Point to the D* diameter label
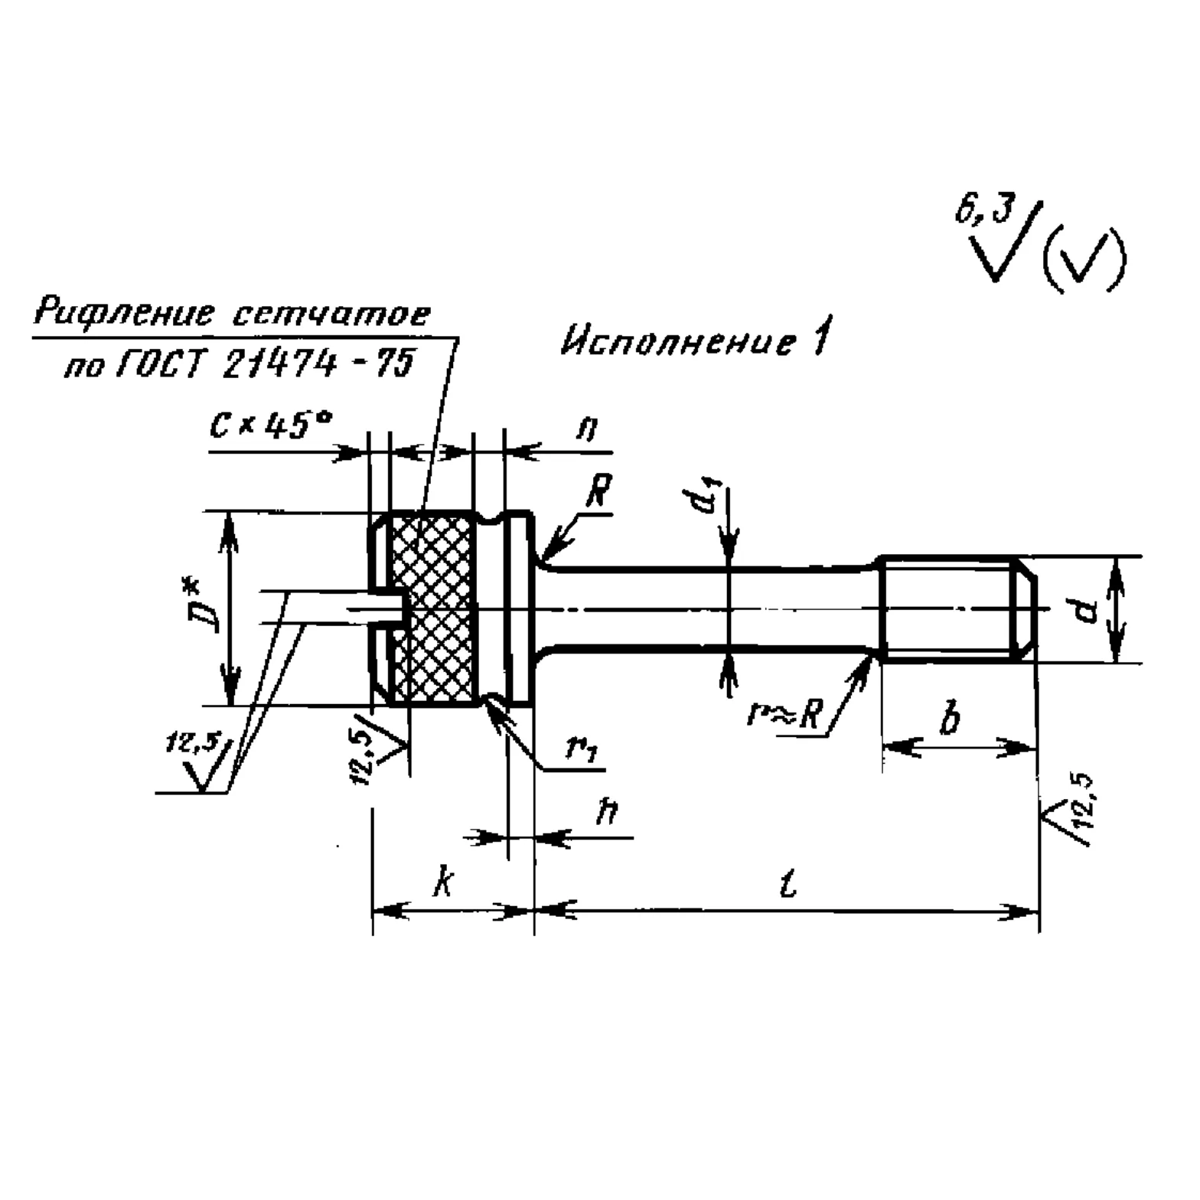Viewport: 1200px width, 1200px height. [206, 607]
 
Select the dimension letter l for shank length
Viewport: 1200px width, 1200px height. [788, 884]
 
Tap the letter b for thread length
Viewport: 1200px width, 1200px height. [950, 720]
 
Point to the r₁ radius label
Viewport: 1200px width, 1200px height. [581, 748]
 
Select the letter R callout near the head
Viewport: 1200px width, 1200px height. [598, 494]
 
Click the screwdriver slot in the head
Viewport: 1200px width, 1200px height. [383, 608]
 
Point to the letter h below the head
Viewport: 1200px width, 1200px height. [608, 813]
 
